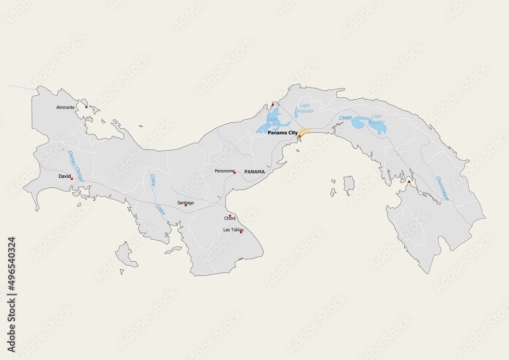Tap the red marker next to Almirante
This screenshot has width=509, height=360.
pyautogui.click(x=87, y=107)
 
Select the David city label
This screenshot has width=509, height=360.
pyautogui.click(x=64, y=176)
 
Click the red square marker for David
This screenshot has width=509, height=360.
pyautogui.click(x=72, y=179)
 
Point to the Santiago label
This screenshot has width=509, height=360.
pyautogui.click(x=185, y=203)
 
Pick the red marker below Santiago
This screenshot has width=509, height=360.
pyautogui.click(x=186, y=206)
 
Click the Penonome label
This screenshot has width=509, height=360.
pyautogui.click(x=224, y=172)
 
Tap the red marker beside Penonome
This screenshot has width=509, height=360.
pyautogui.click(x=234, y=173)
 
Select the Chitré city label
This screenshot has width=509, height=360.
pyautogui.click(x=230, y=219)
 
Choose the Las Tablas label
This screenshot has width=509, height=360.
pyautogui.click(x=234, y=230)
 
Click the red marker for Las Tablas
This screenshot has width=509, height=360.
pyautogui.click(x=241, y=232)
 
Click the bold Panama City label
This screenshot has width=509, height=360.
pyautogui.click(x=282, y=132)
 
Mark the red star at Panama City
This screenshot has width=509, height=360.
pyautogui.click(x=299, y=136)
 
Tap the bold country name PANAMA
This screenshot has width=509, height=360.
pyautogui.click(x=254, y=172)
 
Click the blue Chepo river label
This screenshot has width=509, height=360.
pyautogui.click(x=346, y=118)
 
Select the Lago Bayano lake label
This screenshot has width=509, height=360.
pyautogui.click(x=377, y=120)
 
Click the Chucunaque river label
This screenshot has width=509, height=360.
pyautogui.click(x=442, y=188)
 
